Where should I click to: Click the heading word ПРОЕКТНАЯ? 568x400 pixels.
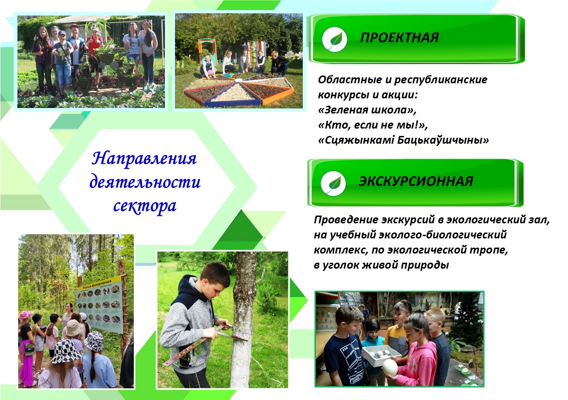tap(399, 38)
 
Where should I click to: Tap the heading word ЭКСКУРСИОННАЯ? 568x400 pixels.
tap(416, 181)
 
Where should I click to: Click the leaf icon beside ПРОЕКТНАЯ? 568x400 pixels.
tap(335, 40)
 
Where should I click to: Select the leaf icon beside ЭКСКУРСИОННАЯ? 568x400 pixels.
tap(333, 184)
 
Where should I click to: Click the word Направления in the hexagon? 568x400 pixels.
tap(144, 159)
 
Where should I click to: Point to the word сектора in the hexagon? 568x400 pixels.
tap(145, 206)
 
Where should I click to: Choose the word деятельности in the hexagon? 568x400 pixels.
tap(145, 182)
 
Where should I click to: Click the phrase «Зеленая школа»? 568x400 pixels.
tap(366, 110)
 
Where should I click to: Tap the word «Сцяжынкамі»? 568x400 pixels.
tap(356, 140)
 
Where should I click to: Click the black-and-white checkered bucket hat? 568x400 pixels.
tap(66, 351)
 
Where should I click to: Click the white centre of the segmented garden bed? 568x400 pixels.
tap(238, 80)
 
